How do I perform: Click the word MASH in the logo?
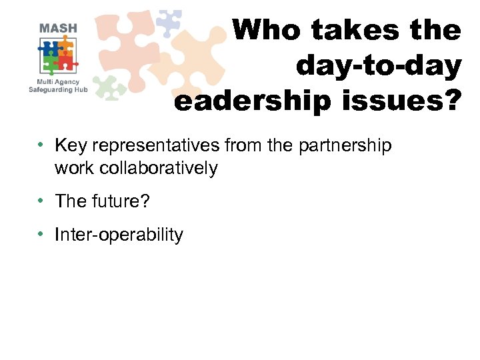pos(59,29)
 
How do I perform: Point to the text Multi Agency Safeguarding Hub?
pos(59,85)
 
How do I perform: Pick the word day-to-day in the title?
pos(378,66)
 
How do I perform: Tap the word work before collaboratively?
pos(74,168)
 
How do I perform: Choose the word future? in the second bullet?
pos(122,201)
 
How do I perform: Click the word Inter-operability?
pos(119,235)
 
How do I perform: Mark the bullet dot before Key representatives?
pos(41,145)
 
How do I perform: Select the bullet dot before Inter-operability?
pos(41,234)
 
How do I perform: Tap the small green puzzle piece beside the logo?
pos(107,87)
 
